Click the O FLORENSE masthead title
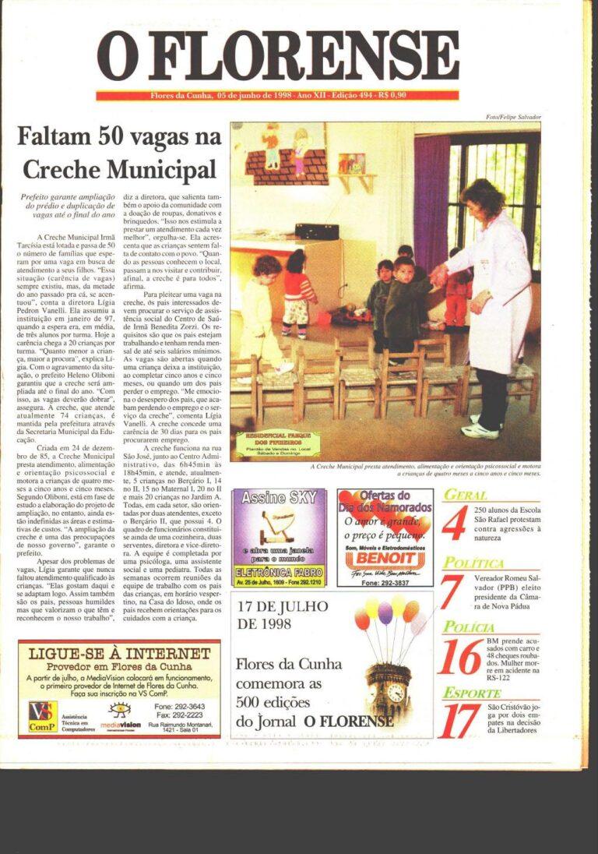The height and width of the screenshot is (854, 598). (277, 56)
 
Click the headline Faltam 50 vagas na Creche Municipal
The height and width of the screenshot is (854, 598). (118, 154)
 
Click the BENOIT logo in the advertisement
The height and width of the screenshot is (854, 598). (385, 558)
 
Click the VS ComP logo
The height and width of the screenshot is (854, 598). (42, 715)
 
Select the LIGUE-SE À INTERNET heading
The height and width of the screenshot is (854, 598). (118, 653)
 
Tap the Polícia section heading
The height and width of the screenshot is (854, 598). (469, 627)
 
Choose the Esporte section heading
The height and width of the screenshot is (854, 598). (472, 693)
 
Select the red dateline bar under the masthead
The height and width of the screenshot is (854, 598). (277, 96)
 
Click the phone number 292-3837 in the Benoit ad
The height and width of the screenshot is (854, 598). (385, 583)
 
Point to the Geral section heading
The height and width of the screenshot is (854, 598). (465, 495)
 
